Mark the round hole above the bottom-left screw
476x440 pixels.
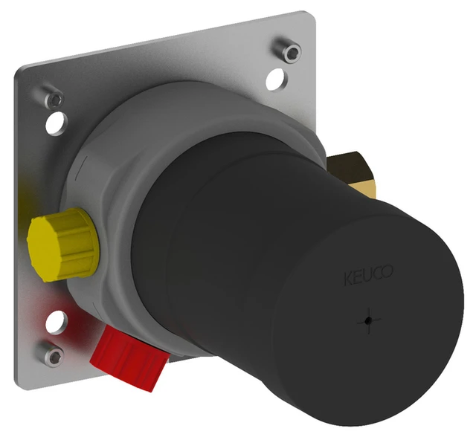(x=57, y=322)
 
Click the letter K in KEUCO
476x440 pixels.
(x=347, y=280)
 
